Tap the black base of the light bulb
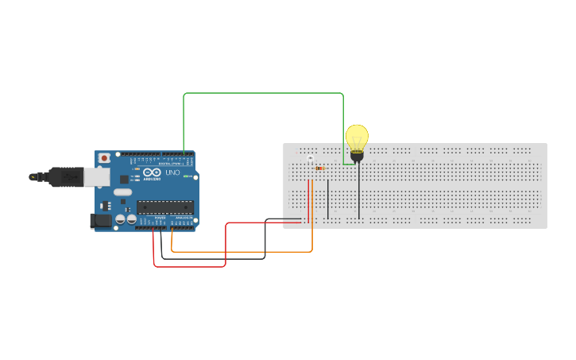[x=358, y=156]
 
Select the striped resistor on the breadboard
[x=319, y=168]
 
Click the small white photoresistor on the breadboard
[x=310, y=159]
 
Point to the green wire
[x=262, y=93]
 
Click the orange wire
[x=238, y=252]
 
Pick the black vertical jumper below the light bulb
[x=359, y=191]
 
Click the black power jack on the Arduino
[x=101, y=220]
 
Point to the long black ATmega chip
[x=164, y=207]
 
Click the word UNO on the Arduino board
[x=172, y=172]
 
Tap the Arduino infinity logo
[x=152, y=172]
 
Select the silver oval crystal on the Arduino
[x=122, y=192]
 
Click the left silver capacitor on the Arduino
[x=120, y=219]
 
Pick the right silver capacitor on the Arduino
[x=131, y=219]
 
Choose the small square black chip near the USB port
[x=124, y=180]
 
